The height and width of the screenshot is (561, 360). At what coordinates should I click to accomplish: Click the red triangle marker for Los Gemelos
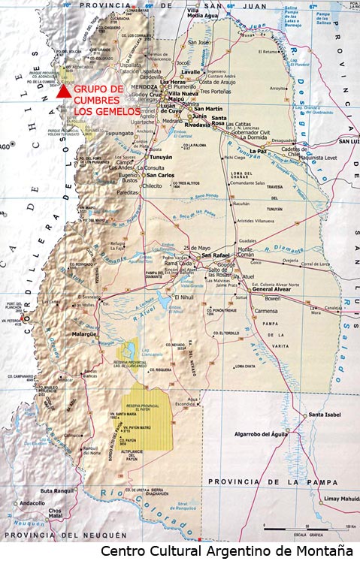pyautogui.click(x=64, y=91)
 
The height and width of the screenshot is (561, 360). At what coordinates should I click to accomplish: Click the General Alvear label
pyautogui.click(x=272, y=290)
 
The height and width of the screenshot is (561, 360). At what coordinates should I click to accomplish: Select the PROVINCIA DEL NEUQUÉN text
pyautogui.click(x=52, y=535)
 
